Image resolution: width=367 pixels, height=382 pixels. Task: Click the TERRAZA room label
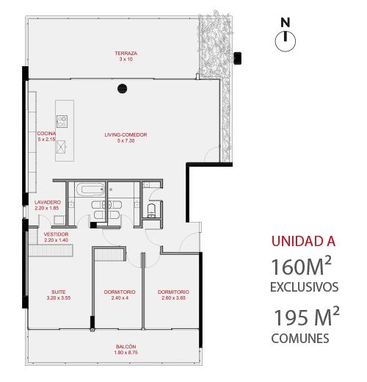point(126,53)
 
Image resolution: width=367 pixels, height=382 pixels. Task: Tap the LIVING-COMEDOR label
point(126,134)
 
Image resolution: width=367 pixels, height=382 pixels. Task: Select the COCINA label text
point(46,134)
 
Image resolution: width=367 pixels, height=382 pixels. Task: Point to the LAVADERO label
point(48,202)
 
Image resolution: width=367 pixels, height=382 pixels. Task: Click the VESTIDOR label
point(56,234)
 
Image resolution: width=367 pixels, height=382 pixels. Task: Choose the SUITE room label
point(59,292)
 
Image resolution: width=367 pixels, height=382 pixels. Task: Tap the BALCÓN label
point(126,347)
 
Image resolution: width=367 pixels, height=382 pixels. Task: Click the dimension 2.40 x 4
point(120,298)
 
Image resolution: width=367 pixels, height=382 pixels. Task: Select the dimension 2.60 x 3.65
point(173,298)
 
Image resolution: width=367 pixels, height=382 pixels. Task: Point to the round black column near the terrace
point(123,88)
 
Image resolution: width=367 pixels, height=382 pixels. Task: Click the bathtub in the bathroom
point(90,190)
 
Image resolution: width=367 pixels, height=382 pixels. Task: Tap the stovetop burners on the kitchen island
point(62,121)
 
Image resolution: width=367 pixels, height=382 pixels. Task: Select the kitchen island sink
point(61,147)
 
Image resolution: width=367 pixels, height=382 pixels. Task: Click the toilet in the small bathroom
point(152,211)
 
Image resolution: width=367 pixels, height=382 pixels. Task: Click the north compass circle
point(286,41)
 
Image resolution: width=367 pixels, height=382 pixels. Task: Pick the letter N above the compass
point(286,23)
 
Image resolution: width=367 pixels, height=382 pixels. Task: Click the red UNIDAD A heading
point(303,241)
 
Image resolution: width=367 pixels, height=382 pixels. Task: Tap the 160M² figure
point(301,266)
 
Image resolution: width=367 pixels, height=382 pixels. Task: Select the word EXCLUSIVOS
point(305,286)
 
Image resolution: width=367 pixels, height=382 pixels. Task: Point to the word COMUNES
point(300,339)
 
